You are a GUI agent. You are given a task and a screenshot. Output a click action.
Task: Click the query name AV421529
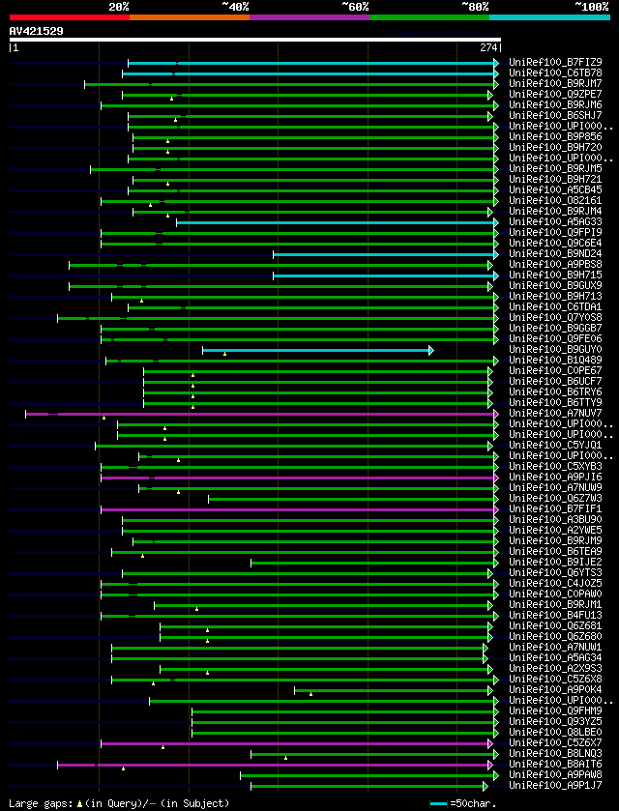click(36, 31)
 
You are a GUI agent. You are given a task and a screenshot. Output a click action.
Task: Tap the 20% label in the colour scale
click(118, 7)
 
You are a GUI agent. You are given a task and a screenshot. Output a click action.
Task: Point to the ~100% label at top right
click(591, 7)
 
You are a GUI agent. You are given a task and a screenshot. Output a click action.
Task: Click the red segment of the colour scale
click(69, 16)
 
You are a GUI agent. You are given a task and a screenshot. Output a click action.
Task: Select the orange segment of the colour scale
click(189, 16)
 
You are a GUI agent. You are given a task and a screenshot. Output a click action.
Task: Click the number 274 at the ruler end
click(488, 47)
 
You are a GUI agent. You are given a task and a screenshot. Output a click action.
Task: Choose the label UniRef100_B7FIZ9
click(555, 63)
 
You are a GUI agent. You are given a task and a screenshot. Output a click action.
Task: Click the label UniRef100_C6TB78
click(555, 73)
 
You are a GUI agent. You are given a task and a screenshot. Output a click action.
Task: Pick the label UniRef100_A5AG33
click(555, 222)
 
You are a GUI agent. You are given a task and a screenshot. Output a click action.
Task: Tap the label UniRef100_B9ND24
click(555, 254)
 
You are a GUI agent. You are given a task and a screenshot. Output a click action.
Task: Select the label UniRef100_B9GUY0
click(555, 350)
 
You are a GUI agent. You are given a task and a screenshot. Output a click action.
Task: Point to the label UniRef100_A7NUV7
click(555, 414)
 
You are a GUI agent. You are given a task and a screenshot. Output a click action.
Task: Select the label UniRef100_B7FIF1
click(555, 509)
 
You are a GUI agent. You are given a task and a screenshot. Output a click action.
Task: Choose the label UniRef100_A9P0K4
click(555, 690)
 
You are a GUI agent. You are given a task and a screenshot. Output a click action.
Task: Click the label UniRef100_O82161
click(555, 201)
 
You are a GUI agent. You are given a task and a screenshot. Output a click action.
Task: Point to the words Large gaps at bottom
click(39, 803)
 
